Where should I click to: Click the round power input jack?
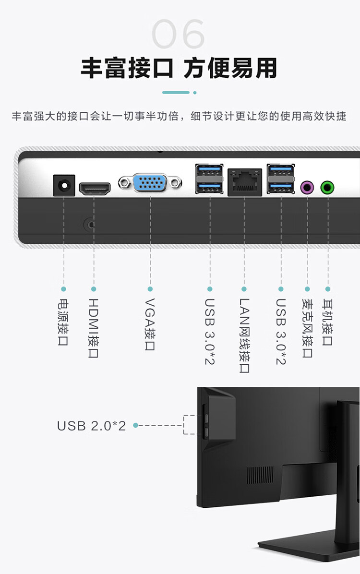click(x=64, y=185)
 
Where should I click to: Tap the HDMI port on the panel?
click(x=95, y=189)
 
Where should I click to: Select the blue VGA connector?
click(x=150, y=183)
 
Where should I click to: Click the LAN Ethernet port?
click(x=245, y=182)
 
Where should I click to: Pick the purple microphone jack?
click(x=307, y=188)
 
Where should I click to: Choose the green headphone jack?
click(x=327, y=188)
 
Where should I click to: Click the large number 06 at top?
click(x=178, y=34)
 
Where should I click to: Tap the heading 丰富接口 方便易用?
click(x=179, y=68)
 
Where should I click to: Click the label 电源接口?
click(x=63, y=322)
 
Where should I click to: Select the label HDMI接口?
click(x=94, y=328)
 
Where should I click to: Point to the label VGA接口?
click(x=150, y=324)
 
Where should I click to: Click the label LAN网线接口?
click(x=244, y=335)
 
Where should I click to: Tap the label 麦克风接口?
click(x=307, y=328)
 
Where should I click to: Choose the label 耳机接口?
click(x=327, y=322)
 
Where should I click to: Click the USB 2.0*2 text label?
click(x=91, y=426)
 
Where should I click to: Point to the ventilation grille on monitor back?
click(x=260, y=475)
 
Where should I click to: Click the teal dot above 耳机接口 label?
click(x=328, y=289)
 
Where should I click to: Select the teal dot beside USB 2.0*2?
click(x=135, y=425)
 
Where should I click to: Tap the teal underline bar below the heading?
click(x=176, y=93)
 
